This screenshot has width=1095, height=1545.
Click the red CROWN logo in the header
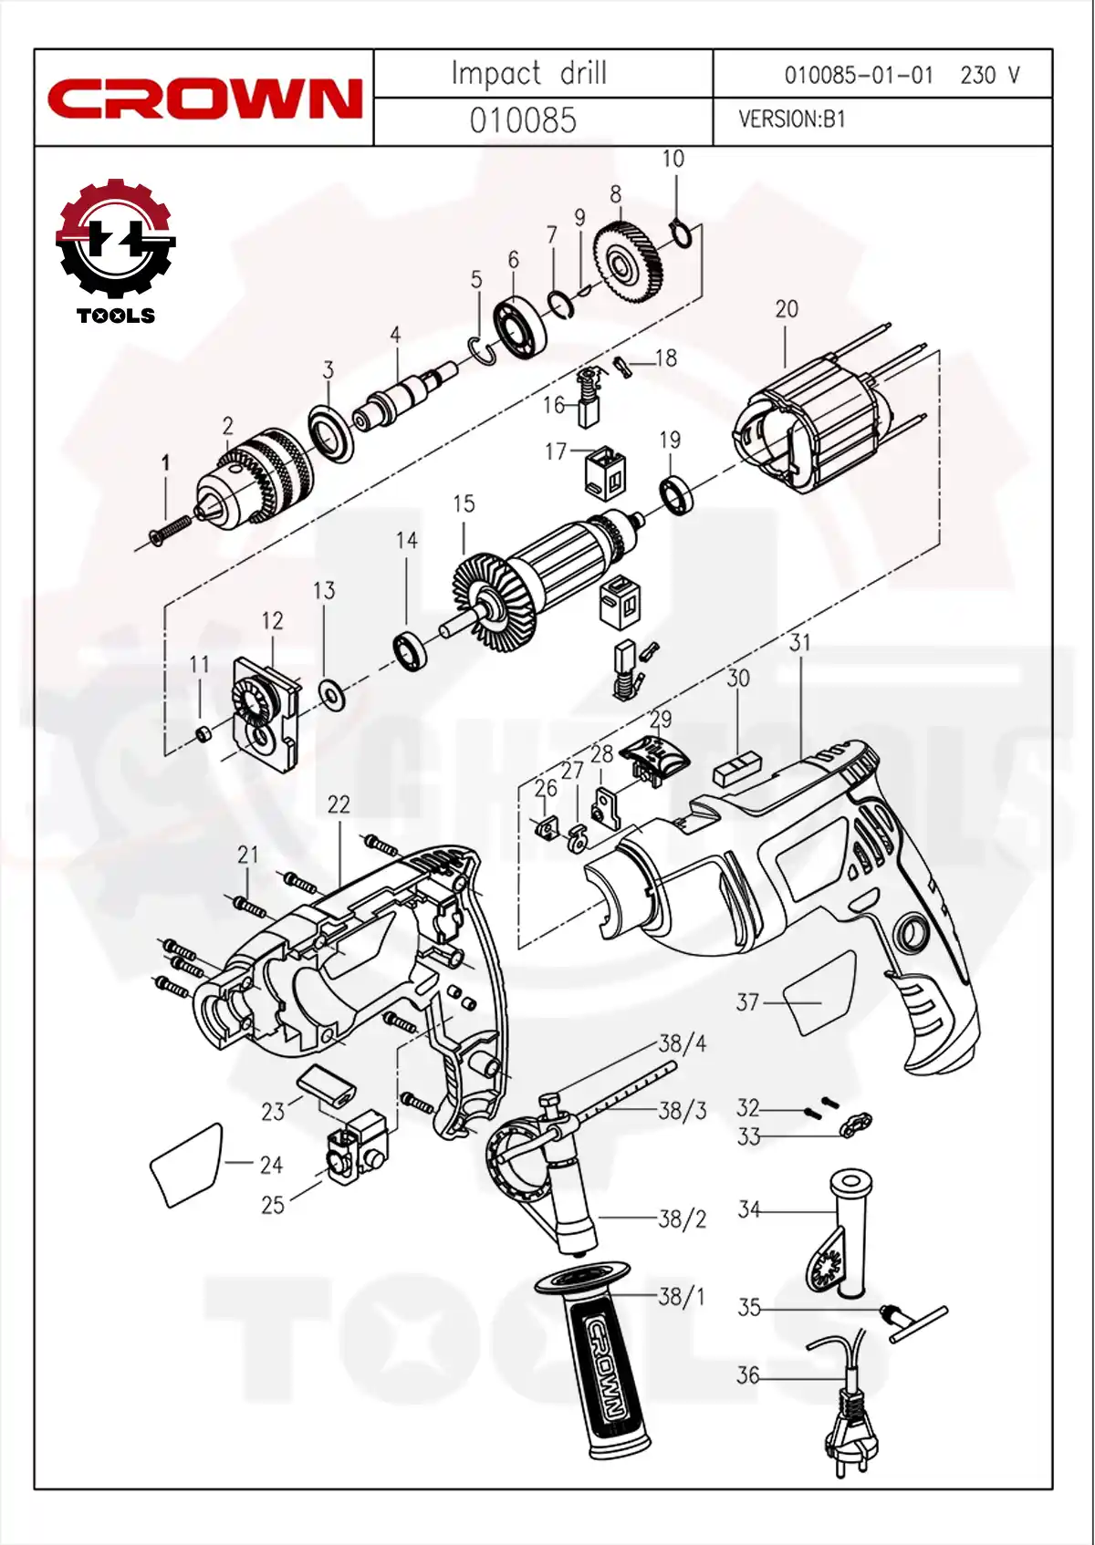click(204, 99)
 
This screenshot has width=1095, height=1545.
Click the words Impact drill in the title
click(529, 73)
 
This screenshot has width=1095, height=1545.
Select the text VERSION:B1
click(791, 119)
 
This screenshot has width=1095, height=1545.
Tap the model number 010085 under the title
click(523, 120)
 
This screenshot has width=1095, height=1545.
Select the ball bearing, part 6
click(519, 326)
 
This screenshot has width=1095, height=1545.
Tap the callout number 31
click(799, 642)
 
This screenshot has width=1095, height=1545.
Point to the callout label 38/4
click(682, 1042)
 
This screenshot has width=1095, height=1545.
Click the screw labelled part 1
click(171, 530)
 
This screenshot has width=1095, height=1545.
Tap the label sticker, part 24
click(187, 1166)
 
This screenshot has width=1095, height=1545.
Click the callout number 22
click(338, 804)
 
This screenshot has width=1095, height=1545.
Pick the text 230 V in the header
click(989, 75)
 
